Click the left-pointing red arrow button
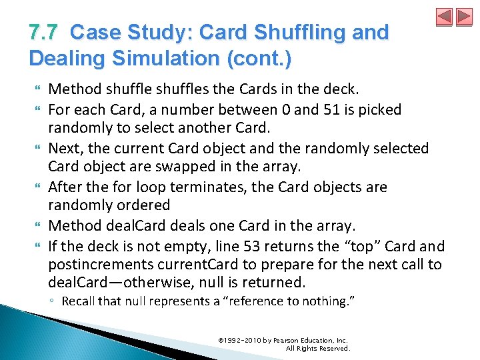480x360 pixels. (444, 17)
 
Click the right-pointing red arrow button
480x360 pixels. (463, 17)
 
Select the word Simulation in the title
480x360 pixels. (167, 58)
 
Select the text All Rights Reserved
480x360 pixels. (317, 349)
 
